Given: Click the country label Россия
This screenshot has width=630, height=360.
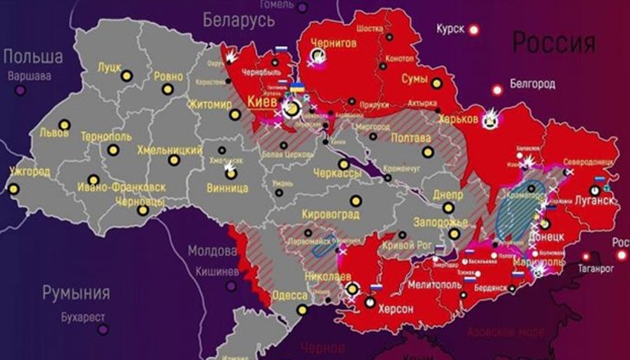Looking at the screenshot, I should pyautogui.click(x=555, y=42).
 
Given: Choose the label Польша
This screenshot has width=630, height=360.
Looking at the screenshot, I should pyautogui.click(x=33, y=57).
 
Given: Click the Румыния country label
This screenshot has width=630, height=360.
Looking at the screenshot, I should pyautogui.click(x=75, y=292).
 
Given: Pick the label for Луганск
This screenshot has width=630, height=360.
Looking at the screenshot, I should pyautogui.click(x=595, y=200).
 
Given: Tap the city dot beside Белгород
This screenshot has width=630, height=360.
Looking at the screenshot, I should pyautogui.click(x=497, y=89).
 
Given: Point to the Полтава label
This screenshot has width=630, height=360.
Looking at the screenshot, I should pyautogui.click(x=410, y=138).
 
